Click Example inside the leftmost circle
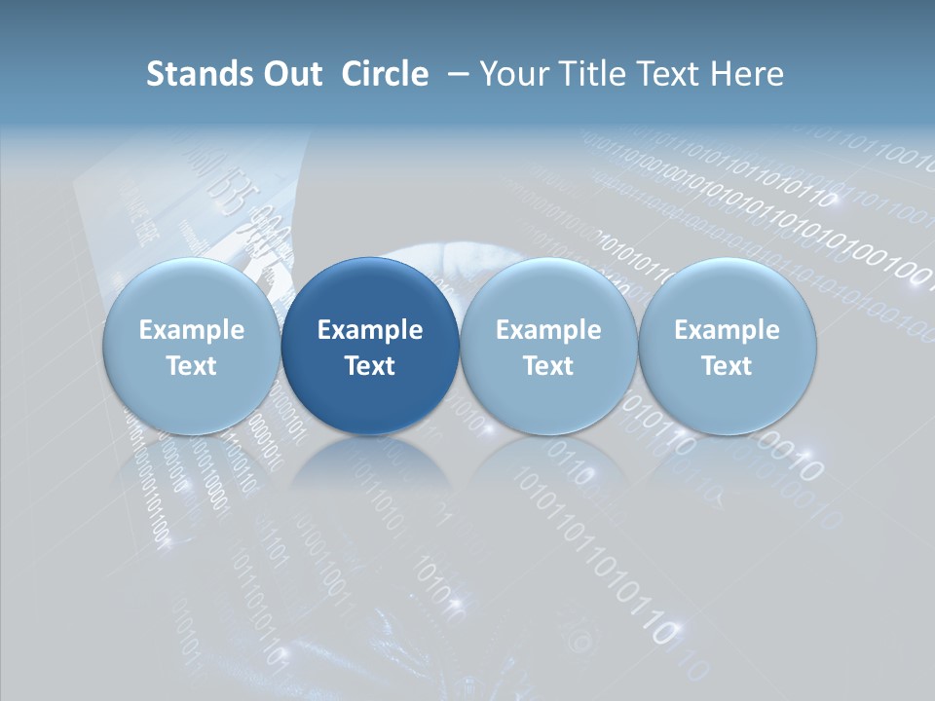click(x=191, y=330)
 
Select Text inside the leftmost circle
click(x=191, y=366)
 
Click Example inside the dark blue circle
click(x=370, y=330)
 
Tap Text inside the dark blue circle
click(x=370, y=366)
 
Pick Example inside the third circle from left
click(x=548, y=330)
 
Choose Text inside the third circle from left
click(x=548, y=366)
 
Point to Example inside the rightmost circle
click(x=727, y=330)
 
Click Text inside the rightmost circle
click(x=727, y=366)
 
